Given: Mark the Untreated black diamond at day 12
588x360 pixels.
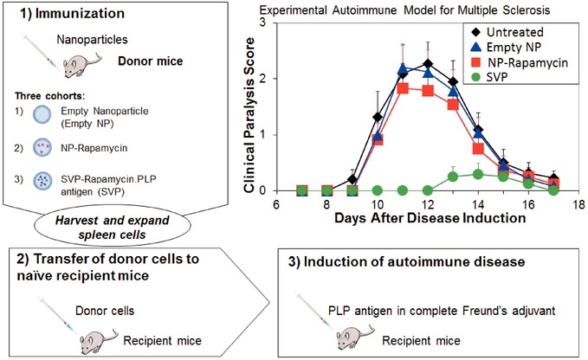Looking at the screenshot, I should [x=428, y=64].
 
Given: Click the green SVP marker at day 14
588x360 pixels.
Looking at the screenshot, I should [x=477, y=174].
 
